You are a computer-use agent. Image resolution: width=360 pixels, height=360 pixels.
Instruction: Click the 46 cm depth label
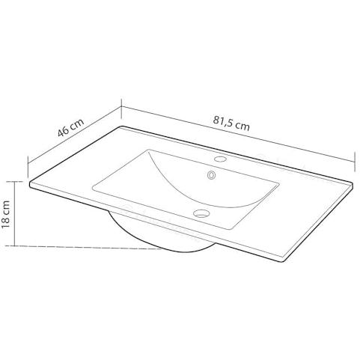pyautogui.click(x=71, y=127)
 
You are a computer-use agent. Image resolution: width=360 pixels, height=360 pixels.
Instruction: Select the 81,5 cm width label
pyautogui.click(x=231, y=123)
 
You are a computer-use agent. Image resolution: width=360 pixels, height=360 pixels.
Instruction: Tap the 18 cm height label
pyautogui.click(x=5, y=214)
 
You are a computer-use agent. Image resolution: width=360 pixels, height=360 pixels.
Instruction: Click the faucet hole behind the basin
pyautogui.click(x=220, y=159)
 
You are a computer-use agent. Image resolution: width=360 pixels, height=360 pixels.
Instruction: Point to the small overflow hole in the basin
pyautogui.click(x=212, y=175)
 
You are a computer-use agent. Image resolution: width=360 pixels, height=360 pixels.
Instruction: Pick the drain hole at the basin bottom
pyautogui.click(x=201, y=213)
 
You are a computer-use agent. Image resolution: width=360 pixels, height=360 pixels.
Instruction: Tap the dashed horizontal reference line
pyautogui.click(x=84, y=247)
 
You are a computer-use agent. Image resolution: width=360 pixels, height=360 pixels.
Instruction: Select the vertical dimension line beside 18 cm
pyautogui.click(x=15, y=214)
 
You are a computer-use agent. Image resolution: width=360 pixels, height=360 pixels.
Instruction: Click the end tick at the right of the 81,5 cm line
pyautogui.click(x=355, y=162)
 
